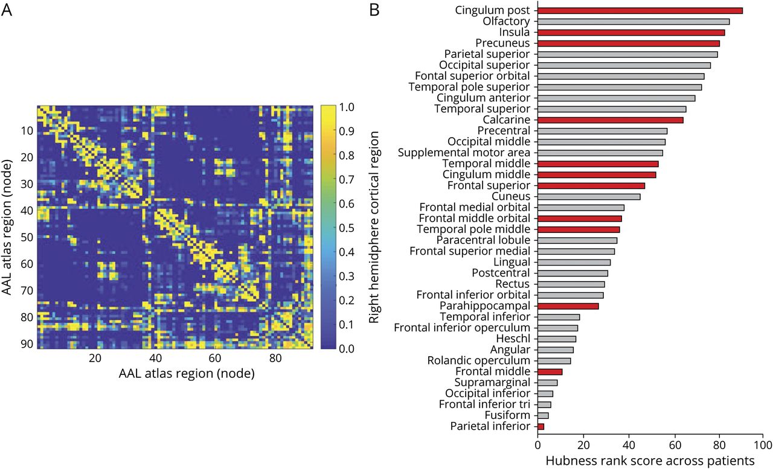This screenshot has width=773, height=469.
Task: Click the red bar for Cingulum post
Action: pos(640,10)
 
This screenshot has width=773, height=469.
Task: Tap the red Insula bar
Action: pos(631,32)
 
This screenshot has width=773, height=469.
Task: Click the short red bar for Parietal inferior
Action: pos(541,426)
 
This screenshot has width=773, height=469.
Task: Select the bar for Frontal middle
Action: pos(550,372)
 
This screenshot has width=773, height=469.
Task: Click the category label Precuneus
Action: pos(502,43)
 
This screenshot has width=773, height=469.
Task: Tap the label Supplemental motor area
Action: pos(464,153)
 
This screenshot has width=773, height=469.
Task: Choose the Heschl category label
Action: pos(513,339)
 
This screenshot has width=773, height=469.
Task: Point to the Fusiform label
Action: pos(508,415)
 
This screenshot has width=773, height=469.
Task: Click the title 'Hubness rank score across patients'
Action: pos(650,460)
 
